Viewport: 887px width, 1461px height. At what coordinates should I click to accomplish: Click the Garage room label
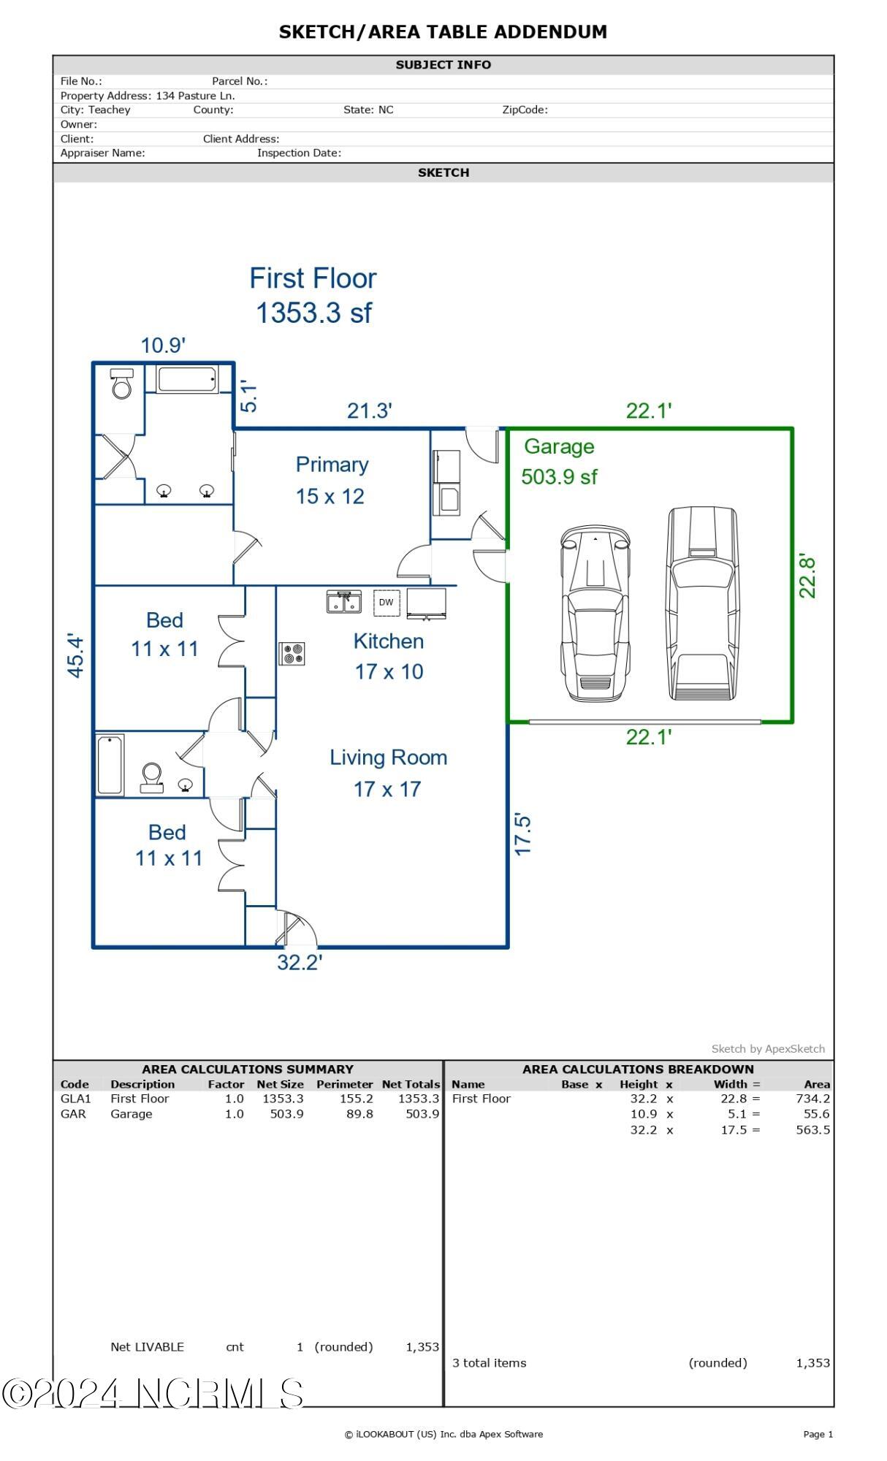[x=559, y=446]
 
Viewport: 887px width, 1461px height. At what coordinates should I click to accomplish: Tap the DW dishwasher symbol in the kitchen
[x=386, y=602]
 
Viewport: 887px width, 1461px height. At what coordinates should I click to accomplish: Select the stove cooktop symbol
[x=292, y=653]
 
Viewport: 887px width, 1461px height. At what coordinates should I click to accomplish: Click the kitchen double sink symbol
[x=343, y=602]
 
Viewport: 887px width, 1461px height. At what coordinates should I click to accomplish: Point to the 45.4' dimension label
[x=76, y=655]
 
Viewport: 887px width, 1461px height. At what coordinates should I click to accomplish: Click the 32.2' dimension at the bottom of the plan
[x=300, y=962]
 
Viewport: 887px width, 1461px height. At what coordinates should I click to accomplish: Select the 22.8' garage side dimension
[x=807, y=576]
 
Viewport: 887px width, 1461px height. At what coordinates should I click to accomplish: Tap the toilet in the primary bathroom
[x=122, y=384]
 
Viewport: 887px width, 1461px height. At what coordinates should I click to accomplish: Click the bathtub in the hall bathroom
[x=110, y=765]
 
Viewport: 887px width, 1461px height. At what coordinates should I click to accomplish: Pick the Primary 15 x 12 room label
[x=331, y=480]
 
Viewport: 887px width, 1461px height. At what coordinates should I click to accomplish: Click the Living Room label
[x=388, y=758]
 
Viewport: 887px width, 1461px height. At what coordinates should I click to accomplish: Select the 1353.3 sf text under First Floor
[x=313, y=313]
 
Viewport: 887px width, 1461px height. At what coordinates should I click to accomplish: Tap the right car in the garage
[x=702, y=603]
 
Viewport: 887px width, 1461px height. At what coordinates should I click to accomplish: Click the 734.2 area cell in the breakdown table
[x=812, y=1098]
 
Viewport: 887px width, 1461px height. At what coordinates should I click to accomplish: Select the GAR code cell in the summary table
[x=73, y=1114]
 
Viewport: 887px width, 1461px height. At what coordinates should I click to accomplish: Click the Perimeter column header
[x=344, y=1084]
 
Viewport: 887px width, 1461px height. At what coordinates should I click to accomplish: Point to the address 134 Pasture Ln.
[x=195, y=96]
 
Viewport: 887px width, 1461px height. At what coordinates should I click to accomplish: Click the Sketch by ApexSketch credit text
[x=768, y=1048]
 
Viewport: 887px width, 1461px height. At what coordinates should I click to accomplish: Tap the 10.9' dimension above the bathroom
[x=163, y=345]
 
